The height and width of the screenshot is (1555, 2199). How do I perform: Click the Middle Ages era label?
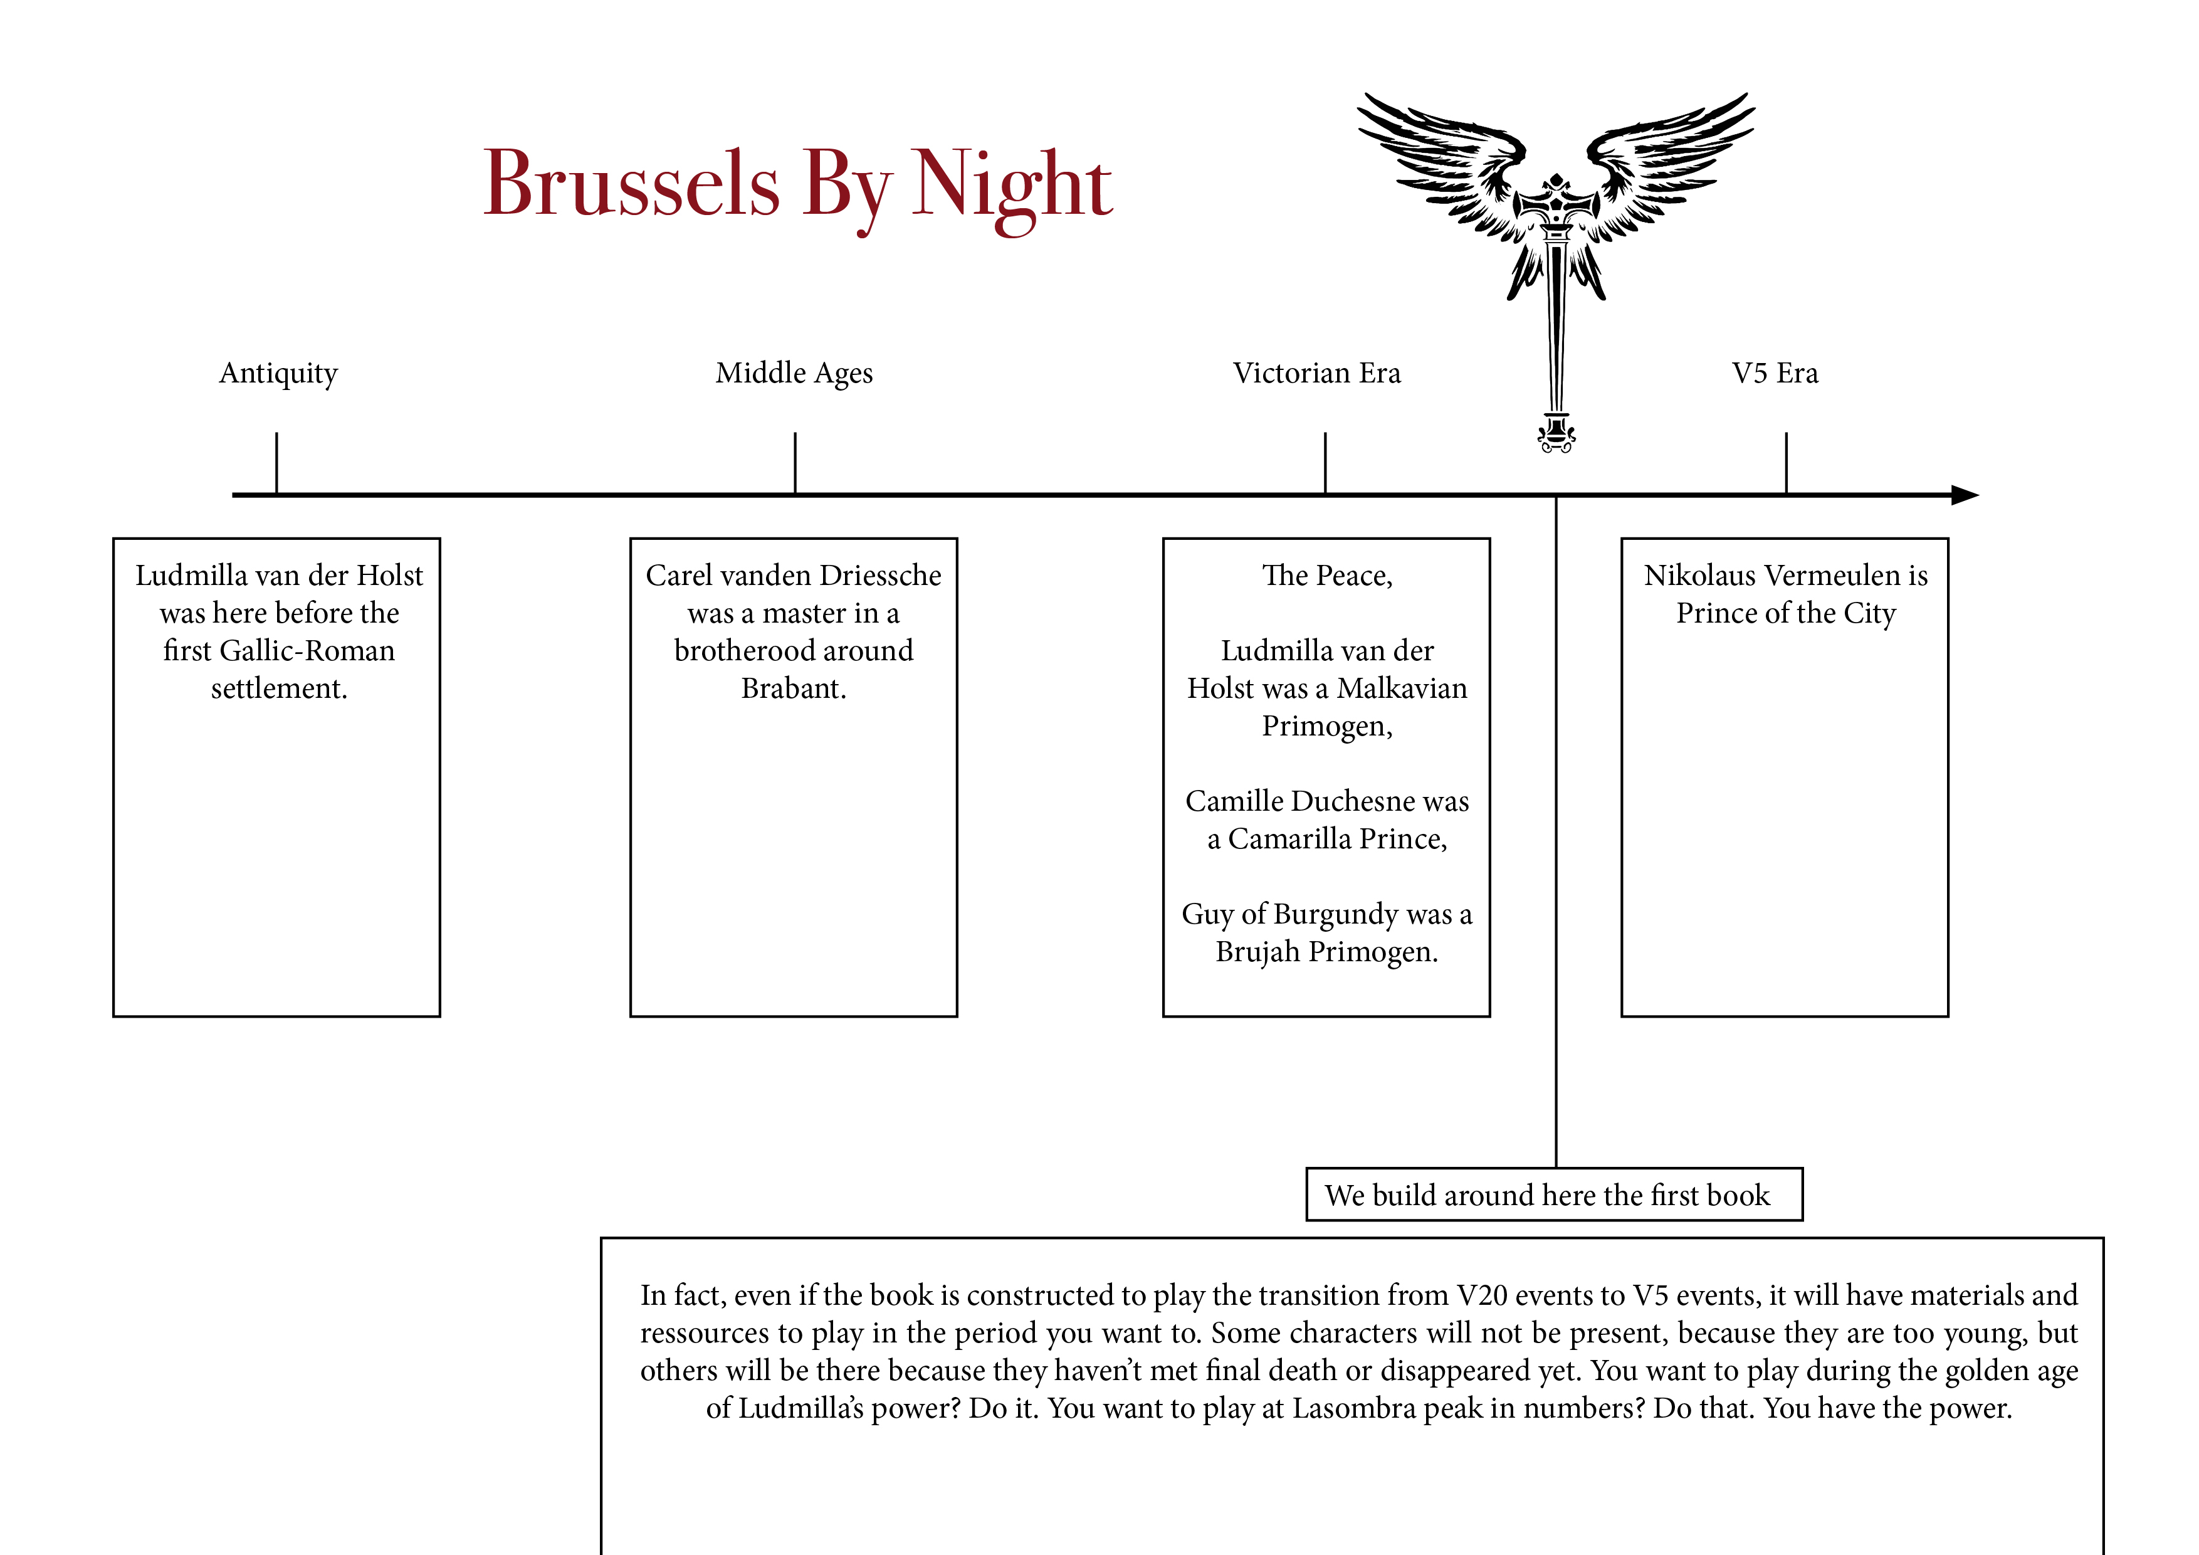794,372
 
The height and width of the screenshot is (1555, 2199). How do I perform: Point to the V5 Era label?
1775,372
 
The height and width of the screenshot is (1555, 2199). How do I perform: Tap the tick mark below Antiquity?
277,463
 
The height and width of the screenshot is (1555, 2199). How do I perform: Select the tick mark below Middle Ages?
795,463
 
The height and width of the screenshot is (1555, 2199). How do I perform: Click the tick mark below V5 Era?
1786,463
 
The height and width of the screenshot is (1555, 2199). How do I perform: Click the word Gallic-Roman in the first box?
307,651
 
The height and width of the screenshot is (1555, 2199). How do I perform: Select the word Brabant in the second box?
793,688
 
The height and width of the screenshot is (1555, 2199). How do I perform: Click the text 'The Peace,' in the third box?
1326,575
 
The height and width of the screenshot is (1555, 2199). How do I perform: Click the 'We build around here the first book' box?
1553,1194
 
